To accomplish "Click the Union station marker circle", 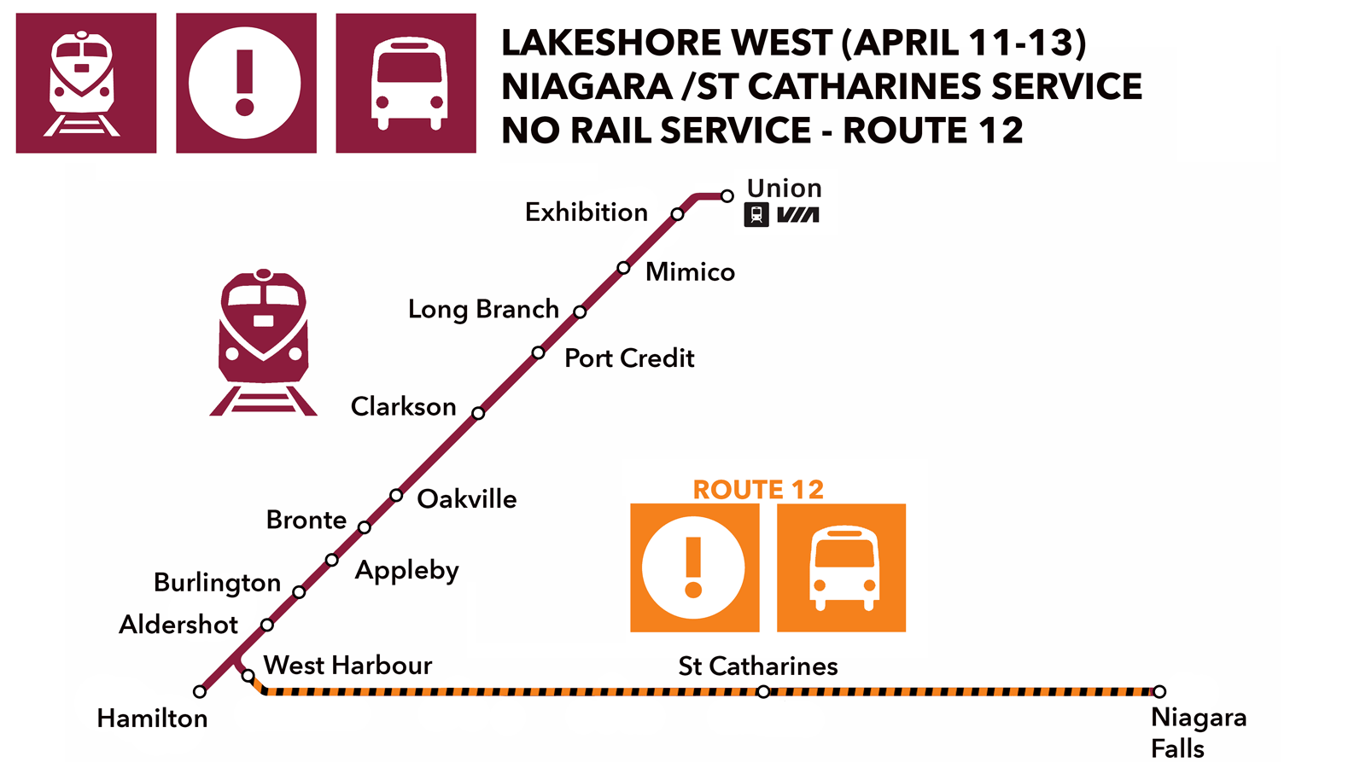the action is (x=727, y=196).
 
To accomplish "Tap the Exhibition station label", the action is (x=587, y=212).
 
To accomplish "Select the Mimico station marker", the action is (x=623, y=268).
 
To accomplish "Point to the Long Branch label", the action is (x=483, y=309).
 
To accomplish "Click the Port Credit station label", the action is (x=629, y=358).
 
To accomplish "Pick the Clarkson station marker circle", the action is (x=478, y=413).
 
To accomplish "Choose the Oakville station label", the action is (x=466, y=499).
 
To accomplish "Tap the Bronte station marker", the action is (x=365, y=527).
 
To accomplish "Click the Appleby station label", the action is (x=407, y=570).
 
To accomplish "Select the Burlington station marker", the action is (x=299, y=592).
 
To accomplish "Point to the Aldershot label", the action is (x=178, y=625).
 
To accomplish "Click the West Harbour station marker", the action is (x=248, y=676).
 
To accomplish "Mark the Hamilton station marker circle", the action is (x=200, y=691).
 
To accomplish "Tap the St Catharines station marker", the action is (x=763, y=691).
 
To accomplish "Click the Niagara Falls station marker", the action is (x=1159, y=691).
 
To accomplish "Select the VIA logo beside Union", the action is (x=798, y=215).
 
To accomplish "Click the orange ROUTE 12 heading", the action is (x=758, y=490).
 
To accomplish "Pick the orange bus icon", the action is (x=841, y=568).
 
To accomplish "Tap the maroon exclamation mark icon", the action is (x=246, y=83).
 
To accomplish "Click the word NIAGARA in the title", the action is (x=587, y=87).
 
